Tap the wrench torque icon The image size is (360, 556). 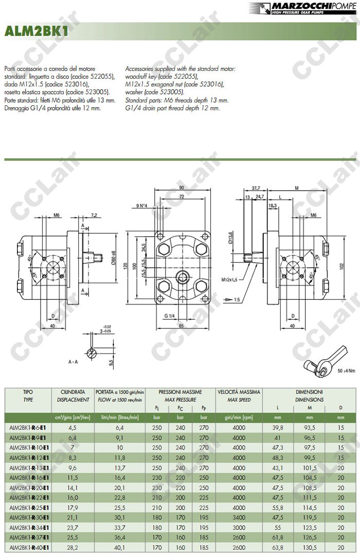coord(324,360)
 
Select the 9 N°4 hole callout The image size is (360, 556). coord(142,206)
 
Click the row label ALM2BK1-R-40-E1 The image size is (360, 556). coord(28,548)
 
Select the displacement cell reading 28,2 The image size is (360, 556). coord(73,548)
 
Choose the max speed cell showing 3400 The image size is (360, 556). coord(239,517)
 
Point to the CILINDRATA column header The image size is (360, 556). coord(73,392)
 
